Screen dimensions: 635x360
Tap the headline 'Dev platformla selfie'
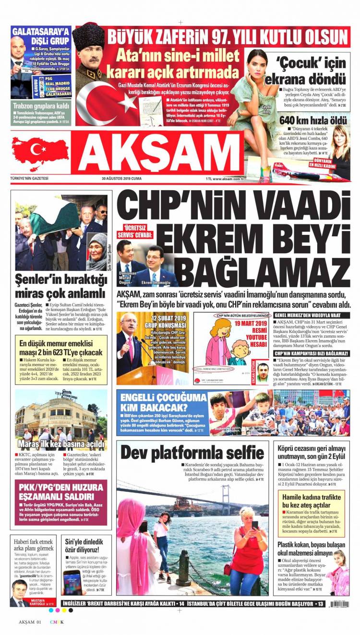click(x=192, y=452)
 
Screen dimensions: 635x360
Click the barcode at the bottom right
click(x=339, y=604)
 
